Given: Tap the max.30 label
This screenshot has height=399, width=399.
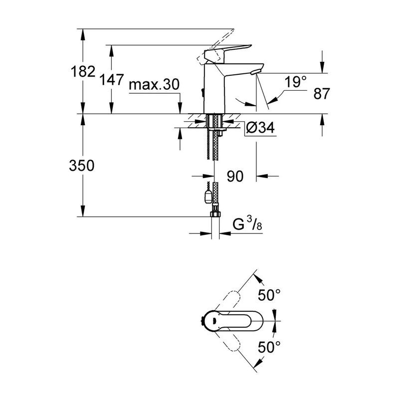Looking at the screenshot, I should (x=153, y=85).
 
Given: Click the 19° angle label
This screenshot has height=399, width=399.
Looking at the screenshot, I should (x=297, y=82).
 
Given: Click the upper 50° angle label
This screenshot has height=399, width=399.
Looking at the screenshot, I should (x=270, y=296).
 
